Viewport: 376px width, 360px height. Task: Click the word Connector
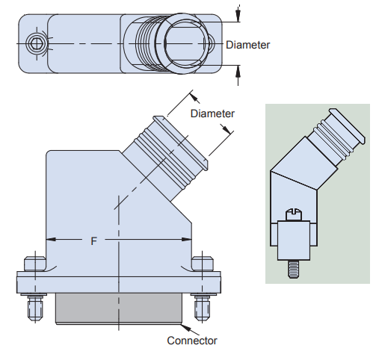[x=192, y=341]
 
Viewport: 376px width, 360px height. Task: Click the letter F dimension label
[x=93, y=241]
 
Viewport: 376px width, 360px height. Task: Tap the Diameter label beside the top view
[x=247, y=45]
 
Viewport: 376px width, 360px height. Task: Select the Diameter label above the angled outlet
[x=212, y=114]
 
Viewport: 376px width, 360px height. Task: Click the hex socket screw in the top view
[x=37, y=44]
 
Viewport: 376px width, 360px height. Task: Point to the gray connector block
[x=119, y=308]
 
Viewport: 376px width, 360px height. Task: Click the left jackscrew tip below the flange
[x=35, y=308]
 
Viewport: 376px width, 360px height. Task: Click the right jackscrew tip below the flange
[x=202, y=308]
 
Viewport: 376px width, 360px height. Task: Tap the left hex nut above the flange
[x=35, y=264]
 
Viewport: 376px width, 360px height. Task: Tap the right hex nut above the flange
[x=203, y=264]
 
